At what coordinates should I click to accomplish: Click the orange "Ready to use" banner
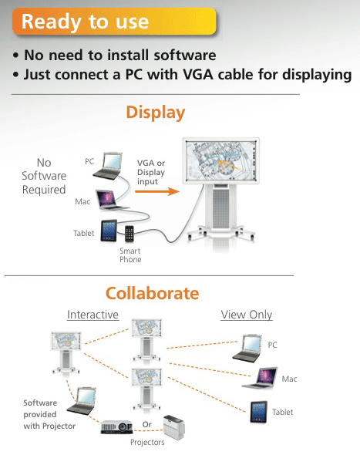114,22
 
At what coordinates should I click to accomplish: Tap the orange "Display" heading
156,113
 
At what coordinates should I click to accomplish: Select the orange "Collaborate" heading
152,293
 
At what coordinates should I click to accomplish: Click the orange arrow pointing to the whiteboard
157,191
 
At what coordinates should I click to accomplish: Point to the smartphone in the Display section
130,234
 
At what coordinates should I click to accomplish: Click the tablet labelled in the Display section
109,231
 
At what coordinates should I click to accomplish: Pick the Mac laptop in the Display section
111,200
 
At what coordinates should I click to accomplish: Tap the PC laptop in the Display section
109,166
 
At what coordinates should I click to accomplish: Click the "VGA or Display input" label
151,172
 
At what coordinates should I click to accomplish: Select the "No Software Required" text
44,176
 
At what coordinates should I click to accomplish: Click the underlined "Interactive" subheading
93,315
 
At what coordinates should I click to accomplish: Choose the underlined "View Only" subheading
247,315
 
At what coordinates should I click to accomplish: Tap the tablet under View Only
258,412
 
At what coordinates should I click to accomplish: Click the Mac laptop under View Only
261,378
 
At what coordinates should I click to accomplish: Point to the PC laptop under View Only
247,349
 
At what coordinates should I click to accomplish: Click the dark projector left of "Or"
116,427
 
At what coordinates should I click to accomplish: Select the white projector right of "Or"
174,427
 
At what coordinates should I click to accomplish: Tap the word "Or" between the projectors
147,424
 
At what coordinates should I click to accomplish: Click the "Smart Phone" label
130,255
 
